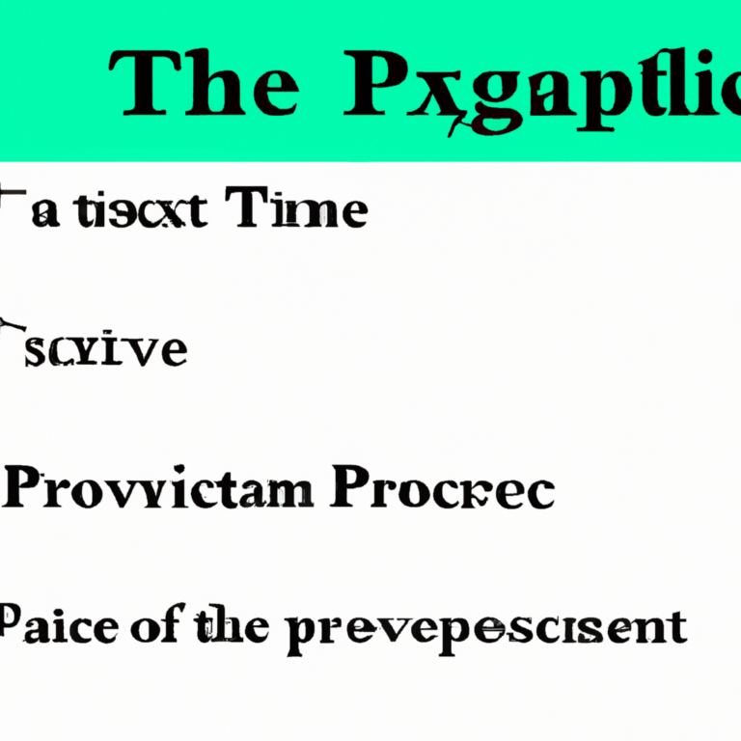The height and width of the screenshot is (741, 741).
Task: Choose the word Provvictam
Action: click(158, 490)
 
